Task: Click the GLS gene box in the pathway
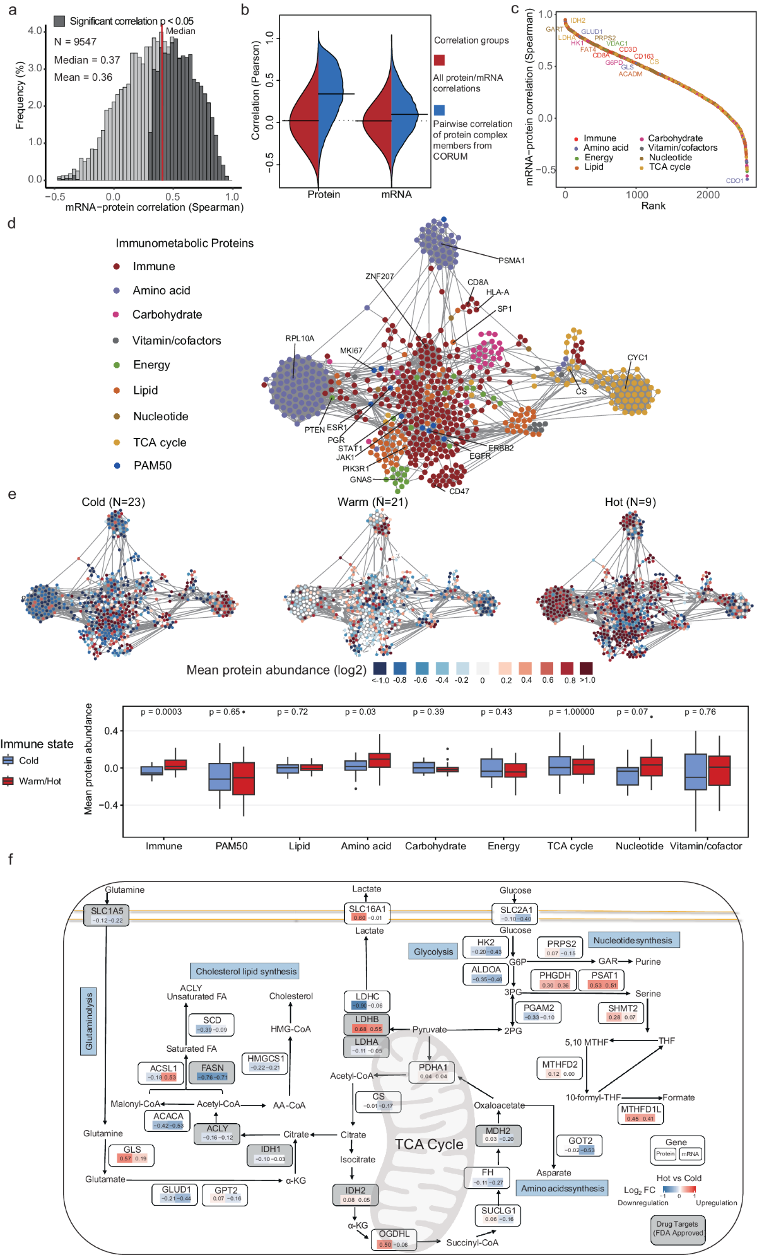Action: click(x=132, y=1154)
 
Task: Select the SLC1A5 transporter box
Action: click(x=107, y=915)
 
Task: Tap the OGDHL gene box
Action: click(x=394, y=1239)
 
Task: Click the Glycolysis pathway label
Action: click(x=433, y=952)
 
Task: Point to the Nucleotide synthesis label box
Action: click(x=633, y=940)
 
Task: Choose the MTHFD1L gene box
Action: click(x=640, y=1114)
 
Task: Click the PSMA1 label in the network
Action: click(x=512, y=261)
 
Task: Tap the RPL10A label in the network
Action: click(x=300, y=338)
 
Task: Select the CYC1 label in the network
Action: click(x=637, y=357)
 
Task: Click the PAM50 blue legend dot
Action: click(x=117, y=466)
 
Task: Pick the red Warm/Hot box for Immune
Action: click(x=175, y=765)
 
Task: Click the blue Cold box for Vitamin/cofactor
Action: click(x=696, y=772)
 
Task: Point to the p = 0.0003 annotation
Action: click(x=161, y=712)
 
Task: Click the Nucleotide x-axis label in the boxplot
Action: click(x=639, y=846)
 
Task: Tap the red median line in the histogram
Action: click(x=162, y=107)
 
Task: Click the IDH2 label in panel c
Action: click(x=578, y=21)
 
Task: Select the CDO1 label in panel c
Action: click(x=734, y=181)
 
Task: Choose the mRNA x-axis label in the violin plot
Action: click(x=396, y=194)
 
